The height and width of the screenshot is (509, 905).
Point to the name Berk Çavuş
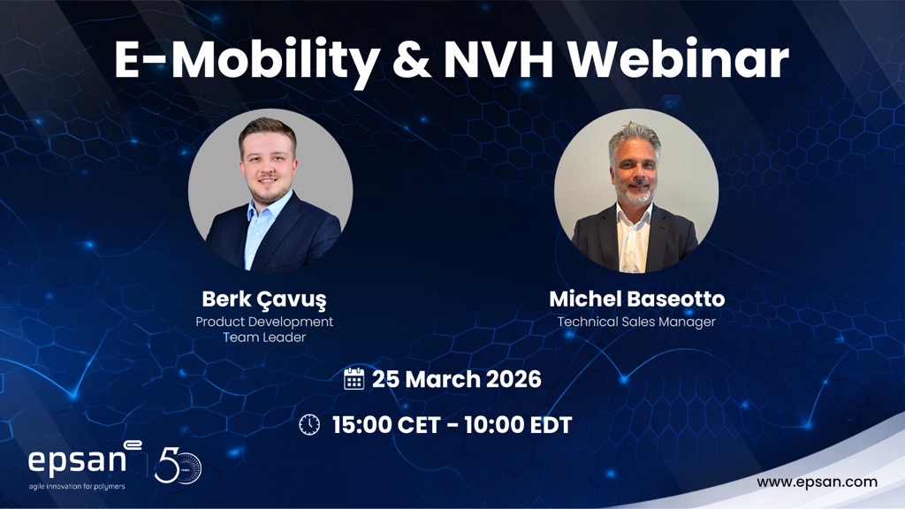(265, 300)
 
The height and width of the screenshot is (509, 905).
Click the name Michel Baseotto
(636, 300)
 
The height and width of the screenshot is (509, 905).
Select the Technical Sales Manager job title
(636, 322)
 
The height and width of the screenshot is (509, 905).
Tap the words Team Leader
(264, 338)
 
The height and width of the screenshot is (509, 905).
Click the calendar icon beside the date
(354, 380)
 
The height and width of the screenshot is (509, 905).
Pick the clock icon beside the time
(309, 425)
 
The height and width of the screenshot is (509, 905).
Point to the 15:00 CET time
(383, 425)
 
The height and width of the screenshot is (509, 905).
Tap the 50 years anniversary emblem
(178, 466)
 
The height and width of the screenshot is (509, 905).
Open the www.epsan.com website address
(817, 482)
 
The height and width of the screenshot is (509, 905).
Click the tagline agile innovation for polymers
(76, 486)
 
